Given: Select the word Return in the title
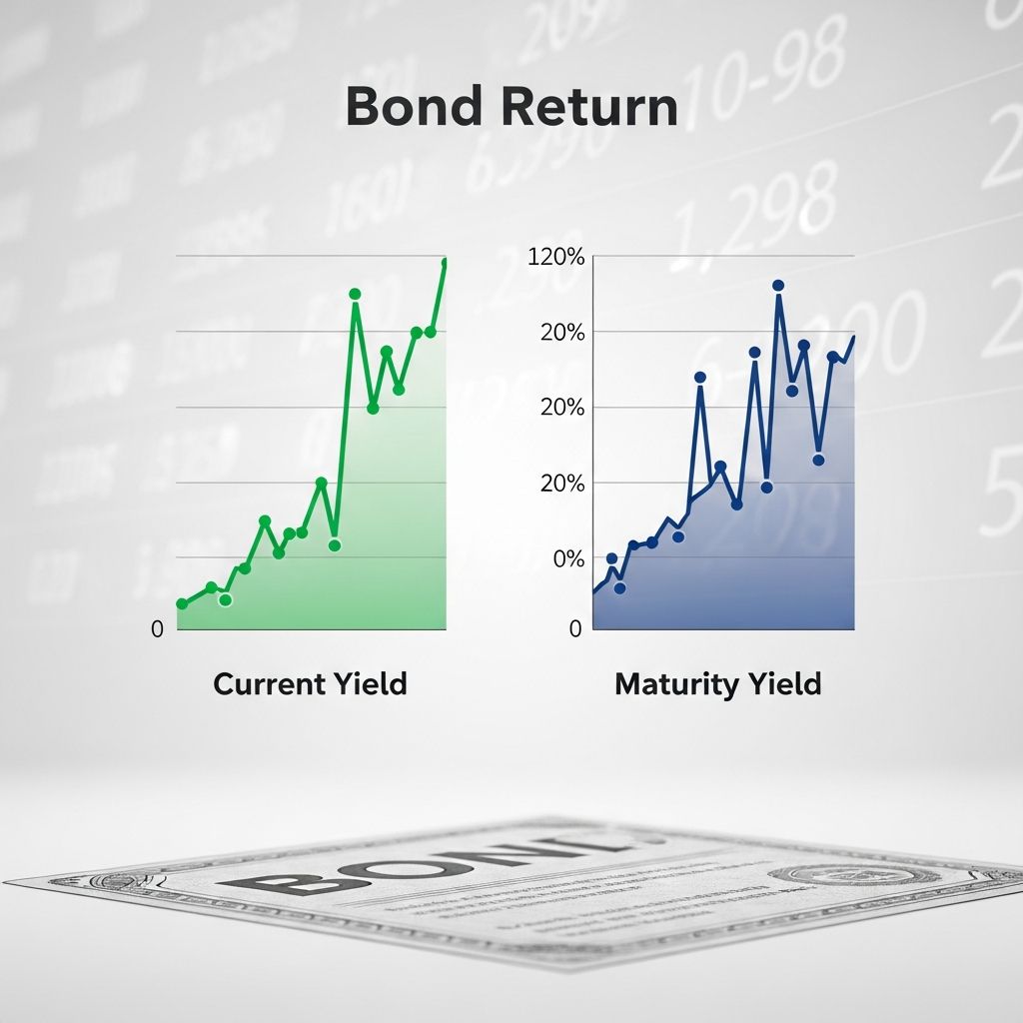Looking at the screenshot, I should coord(581,108).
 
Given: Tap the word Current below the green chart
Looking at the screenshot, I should coord(269,684).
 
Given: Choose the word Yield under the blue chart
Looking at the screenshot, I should coord(785,684).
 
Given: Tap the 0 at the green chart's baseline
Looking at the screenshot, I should coord(157,629).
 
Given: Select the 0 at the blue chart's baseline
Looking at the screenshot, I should coord(575,629).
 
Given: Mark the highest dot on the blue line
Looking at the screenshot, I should coord(778,286).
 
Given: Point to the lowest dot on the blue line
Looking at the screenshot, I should coord(619,588).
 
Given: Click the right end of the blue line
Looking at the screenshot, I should coord(854,337).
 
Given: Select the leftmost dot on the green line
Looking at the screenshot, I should coord(182,604).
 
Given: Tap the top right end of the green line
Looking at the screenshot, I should coord(445,262).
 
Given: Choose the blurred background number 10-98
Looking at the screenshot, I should coord(769,70).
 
